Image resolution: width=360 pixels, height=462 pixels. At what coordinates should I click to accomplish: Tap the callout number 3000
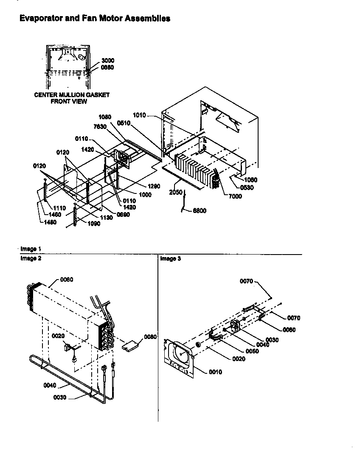pos(107,61)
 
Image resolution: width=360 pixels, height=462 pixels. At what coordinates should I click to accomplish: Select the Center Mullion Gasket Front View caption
pos(72,98)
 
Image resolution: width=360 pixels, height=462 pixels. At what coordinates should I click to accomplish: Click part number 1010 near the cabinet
pos(139,115)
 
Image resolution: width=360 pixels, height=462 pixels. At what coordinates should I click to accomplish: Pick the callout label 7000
pos(235,196)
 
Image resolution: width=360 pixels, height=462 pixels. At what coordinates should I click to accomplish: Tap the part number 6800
pos(199,211)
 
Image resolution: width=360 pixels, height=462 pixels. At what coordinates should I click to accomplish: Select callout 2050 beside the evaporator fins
pos(176,192)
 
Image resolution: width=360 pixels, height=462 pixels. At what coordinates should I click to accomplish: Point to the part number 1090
pos(94,224)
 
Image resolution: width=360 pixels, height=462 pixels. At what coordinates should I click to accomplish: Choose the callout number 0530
pos(247,188)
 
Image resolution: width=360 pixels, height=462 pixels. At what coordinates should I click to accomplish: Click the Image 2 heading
pos(31,259)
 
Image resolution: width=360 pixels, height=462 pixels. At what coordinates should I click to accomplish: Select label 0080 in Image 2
pos(150,337)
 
